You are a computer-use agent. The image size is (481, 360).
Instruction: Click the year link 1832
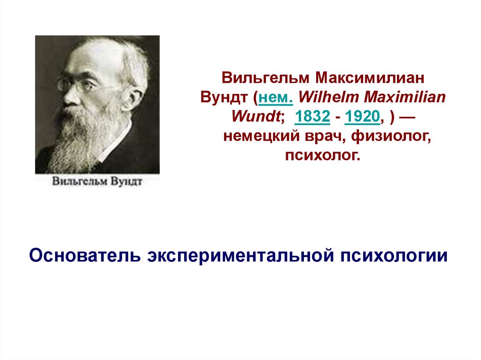pyautogui.click(x=312, y=116)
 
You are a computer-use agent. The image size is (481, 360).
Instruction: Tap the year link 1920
pyautogui.click(x=362, y=116)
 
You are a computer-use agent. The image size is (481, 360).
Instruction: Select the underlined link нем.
pyautogui.click(x=276, y=98)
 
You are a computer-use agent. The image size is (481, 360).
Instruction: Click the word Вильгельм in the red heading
pyautogui.click(x=265, y=78)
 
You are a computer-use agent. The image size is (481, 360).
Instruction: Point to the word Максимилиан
pyautogui.click(x=370, y=78)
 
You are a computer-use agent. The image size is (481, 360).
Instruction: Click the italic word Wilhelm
pyautogui.click(x=328, y=97)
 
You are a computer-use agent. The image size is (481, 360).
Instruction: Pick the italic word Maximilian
pyautogui.click(x=404, y=97)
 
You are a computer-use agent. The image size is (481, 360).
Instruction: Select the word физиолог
pyautogui.click(x=391, y=137)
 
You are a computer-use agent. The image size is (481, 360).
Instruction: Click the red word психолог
pyautogui.click(x=322, y=155)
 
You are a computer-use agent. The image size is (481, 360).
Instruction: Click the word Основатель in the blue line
pyautogui.click(x=85, y=255)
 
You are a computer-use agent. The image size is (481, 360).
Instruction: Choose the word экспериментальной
pyautogui.click(x=240, y=256)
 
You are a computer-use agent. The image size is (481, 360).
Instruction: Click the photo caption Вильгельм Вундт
pyautogui.click(x=97, y=181)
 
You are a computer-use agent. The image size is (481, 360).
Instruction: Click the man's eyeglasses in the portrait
pyautogui.click(x=77, y=84)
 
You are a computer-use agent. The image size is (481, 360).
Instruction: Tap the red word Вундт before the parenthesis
pyautogui.click(x=224, y=98)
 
